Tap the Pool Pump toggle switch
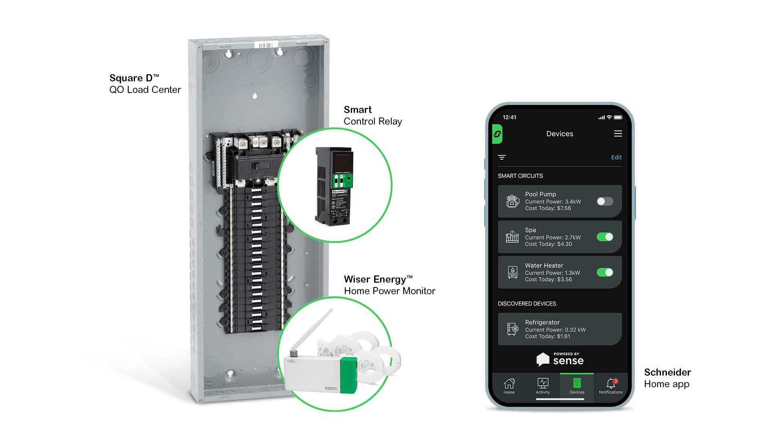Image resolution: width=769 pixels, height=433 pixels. click(605, 201)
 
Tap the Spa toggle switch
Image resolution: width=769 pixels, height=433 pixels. click(605, 237)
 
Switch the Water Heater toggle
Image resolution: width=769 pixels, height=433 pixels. click(605, 273)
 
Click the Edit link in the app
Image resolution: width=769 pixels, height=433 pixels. click(616, 157)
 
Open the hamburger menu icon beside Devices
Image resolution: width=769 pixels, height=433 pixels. click(618, 134)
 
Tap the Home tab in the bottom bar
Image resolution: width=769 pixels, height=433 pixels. click(509, 386)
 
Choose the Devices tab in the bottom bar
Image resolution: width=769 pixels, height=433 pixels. click(577, 386)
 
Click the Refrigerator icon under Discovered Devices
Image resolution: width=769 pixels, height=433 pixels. click(512, 329)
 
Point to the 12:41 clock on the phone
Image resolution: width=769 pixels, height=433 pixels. click(509, 117)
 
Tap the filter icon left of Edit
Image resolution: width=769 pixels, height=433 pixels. click(502, 157)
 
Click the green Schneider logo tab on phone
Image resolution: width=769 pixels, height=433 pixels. click(497, 134)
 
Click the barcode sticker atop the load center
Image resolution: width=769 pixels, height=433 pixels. click(266, 45)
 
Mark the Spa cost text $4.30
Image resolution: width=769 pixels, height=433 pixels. click(564, 244)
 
